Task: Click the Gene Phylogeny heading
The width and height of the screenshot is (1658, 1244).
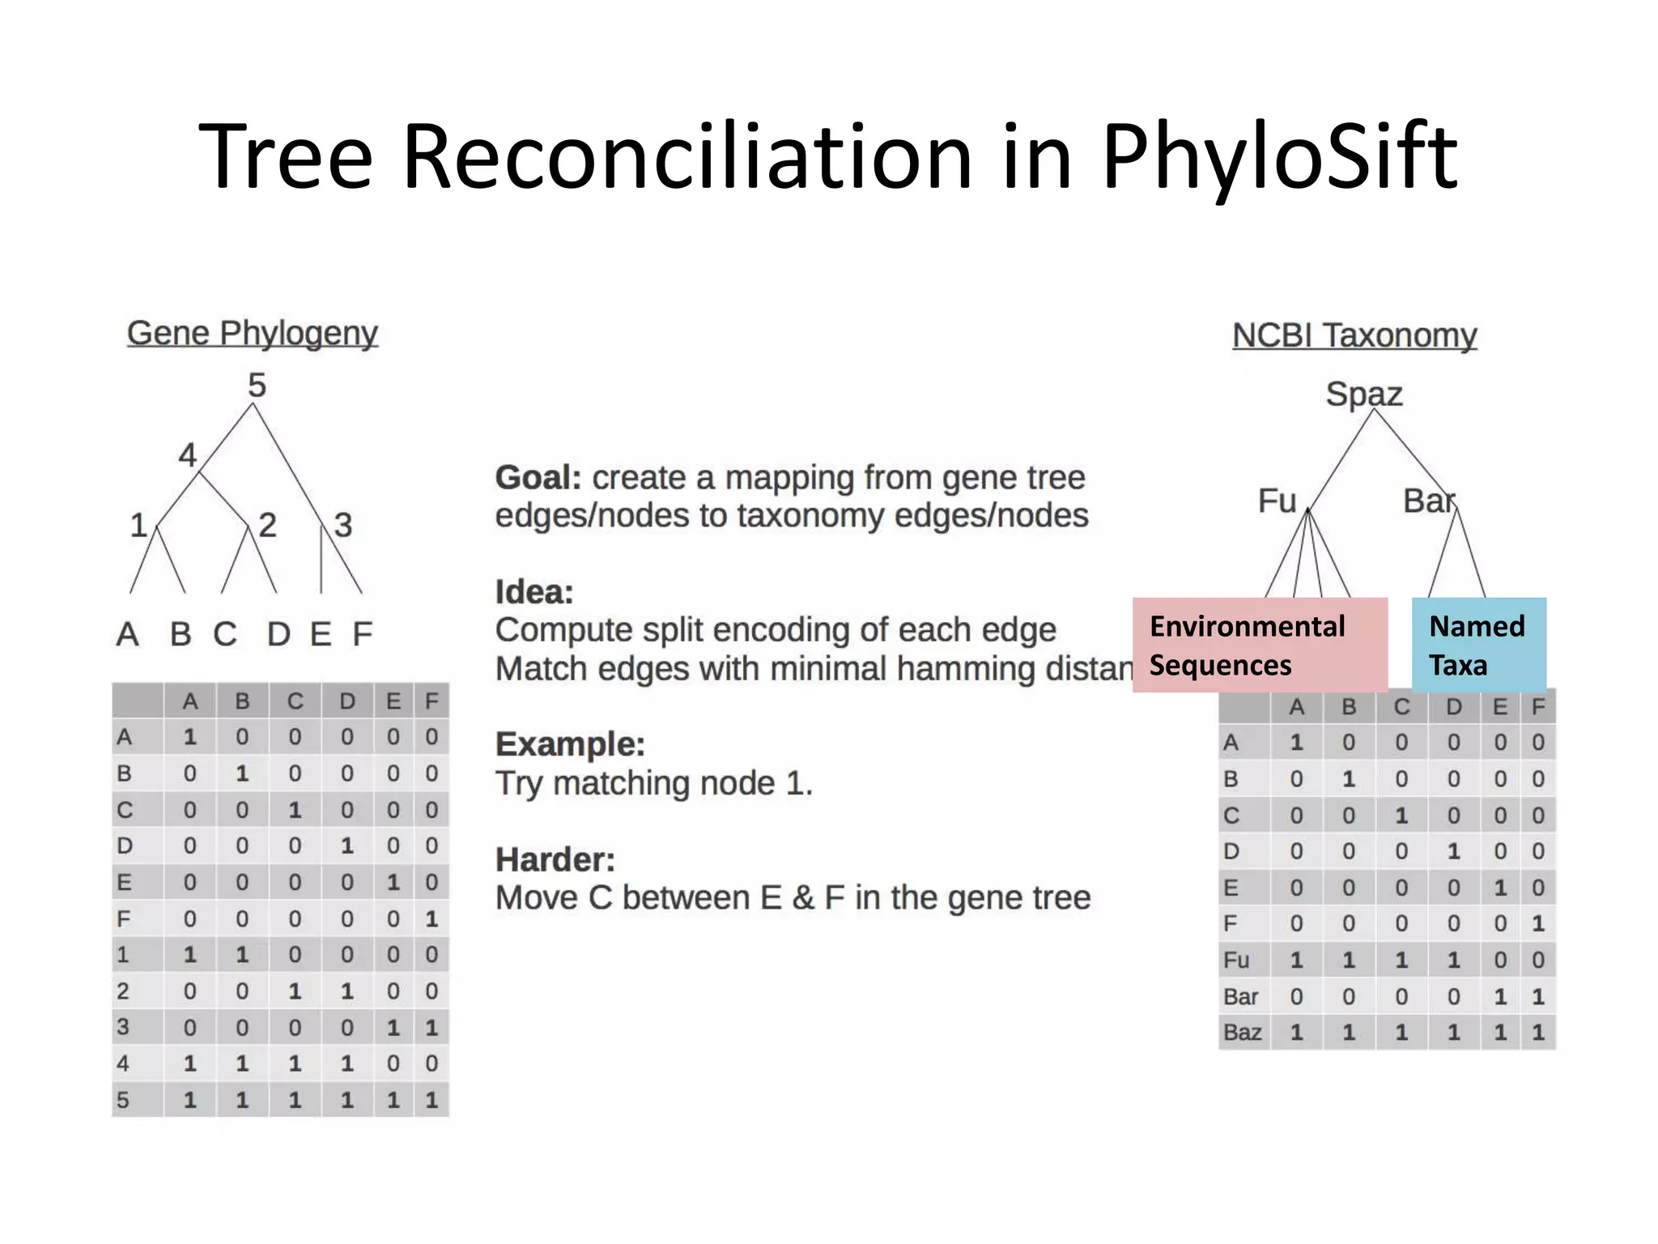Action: click(252, 333)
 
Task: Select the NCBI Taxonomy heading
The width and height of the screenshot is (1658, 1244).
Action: click(1354, 335)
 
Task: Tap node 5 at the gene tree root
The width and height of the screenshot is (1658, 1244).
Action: click(257, 386)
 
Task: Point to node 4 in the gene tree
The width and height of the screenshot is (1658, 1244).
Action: click(187, 455)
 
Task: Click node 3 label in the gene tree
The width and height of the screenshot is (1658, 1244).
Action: click(343, 526)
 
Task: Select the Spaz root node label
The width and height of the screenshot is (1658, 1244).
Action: click(1363, 394)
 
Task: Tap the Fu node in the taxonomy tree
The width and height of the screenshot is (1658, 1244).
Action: click(1277, 501)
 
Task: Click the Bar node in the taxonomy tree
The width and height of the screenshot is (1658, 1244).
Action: click(1428, 501)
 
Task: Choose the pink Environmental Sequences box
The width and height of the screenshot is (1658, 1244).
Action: click(1259, 645)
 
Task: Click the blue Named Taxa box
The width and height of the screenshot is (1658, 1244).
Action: click(1478, 645)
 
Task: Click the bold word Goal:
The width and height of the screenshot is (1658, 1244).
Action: click(538, 478)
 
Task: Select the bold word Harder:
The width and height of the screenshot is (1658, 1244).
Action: click(555, 860)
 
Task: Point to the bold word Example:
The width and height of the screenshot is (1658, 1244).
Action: click(570, 744)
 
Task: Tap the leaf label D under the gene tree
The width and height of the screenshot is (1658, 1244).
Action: click(278, 634)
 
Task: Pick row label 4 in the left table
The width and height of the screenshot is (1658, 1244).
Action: click(123, 1063)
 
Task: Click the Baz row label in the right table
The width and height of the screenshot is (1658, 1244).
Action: click(1242, 1033)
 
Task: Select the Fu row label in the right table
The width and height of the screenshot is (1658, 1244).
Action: click(1236, 961)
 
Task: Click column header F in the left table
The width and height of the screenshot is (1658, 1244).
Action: click(432, 701)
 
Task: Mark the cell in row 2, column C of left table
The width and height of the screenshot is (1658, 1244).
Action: click(295, 991)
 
